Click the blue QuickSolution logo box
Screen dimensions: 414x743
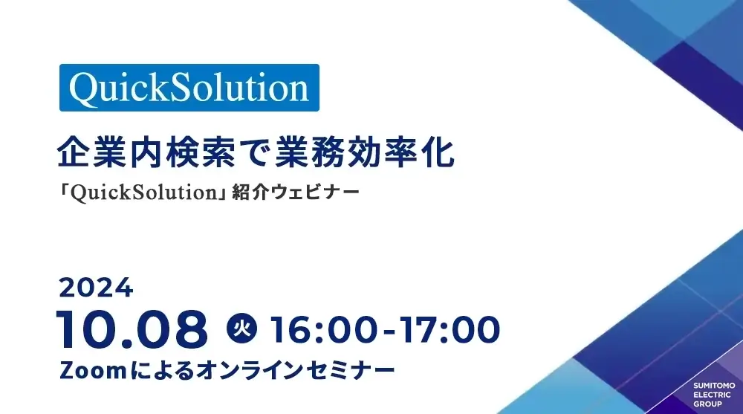(189, 88)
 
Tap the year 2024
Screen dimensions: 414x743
(96, 286)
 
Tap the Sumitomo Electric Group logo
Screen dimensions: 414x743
(713, 395)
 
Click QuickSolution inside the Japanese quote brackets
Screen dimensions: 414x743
(137, 192)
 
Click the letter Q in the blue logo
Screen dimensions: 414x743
(82, 88)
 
